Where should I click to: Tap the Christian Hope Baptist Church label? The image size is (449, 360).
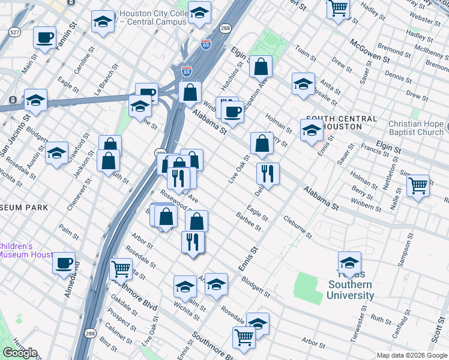click(415, 127)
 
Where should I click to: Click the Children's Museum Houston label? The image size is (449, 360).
click(25, 250)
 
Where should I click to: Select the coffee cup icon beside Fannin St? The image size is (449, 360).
click(45, 37)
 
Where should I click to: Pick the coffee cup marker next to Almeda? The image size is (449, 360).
click(64, 263)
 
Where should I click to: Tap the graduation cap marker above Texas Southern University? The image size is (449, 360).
click(349, 262)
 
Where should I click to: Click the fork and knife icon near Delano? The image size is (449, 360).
click(267, 173)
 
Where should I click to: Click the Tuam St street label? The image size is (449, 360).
click(305, 55)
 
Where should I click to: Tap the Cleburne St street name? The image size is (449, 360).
click(298, 227)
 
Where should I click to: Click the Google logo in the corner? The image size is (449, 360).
click(20, 353)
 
